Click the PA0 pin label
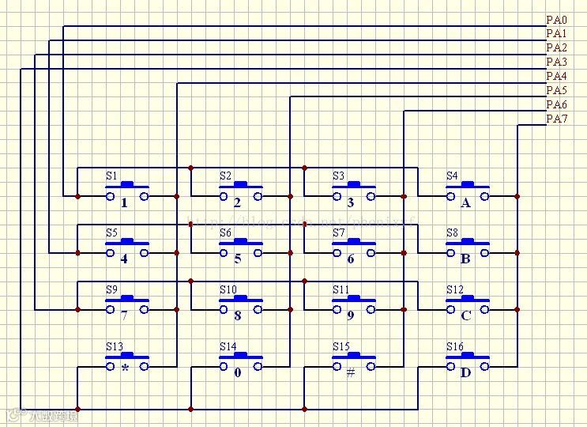[556, 19]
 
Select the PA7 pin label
[556, 119]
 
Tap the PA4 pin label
[556, 76]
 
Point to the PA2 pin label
[556, 47]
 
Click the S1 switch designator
[111, 176]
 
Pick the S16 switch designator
[454, 347]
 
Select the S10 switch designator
[228, 290]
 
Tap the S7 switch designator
[339, 233]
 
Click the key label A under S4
[465, 203]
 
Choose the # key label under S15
[351, 372]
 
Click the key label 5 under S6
[238, 259]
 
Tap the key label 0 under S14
[238, 372]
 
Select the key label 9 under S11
[351, 316]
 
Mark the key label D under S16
[465, 372]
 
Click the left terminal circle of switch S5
[110, 253]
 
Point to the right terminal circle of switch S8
[484, 253]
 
